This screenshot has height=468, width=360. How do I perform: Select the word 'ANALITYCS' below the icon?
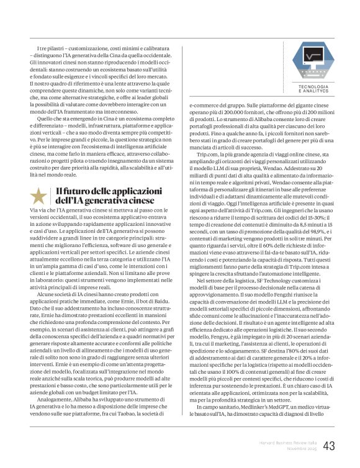click(x=315, y=91)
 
